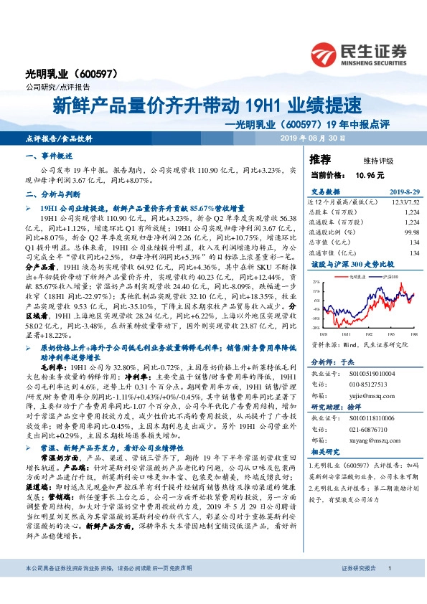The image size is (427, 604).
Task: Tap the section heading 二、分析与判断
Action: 54,194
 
